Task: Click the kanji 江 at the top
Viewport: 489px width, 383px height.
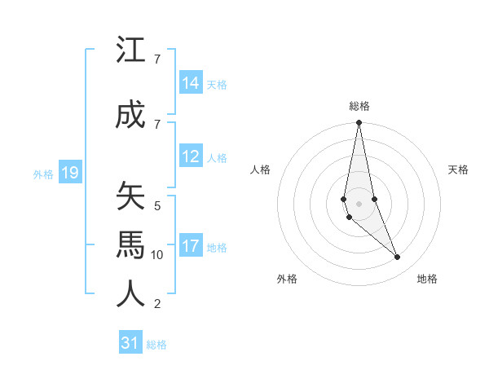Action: click(x=131, y=51)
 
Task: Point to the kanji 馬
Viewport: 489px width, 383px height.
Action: click(x=131, y=244)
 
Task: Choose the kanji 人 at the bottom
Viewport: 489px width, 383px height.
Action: click(x=131, y=293)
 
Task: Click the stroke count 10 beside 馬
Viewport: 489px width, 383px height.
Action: click(x=158, y=254)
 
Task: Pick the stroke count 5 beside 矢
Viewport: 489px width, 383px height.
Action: click(x=157, y=205)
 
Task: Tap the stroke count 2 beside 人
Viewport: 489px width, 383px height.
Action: click(x=157, y=304)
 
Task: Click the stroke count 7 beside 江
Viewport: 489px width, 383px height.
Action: click(x=157, y=59)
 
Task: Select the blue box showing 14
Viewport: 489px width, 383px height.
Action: click(x=191, y=82)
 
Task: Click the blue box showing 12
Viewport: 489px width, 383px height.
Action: click(x=191, y=156)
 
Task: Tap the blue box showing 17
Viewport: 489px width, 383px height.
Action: click(x=191, y=245)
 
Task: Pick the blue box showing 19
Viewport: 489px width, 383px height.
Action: click(x=70, y=172)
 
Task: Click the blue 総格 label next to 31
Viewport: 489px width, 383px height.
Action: click(x=156, y=345)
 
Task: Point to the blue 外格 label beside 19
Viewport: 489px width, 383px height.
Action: click(x=43, y=174)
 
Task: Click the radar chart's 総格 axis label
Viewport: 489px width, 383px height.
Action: click(x=359, y=106)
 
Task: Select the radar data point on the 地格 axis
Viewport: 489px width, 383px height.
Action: click(x=398, y=258)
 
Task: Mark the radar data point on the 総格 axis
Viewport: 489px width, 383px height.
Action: click(x=359, y=123)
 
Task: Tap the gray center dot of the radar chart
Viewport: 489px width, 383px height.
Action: click(x=359, y=203)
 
